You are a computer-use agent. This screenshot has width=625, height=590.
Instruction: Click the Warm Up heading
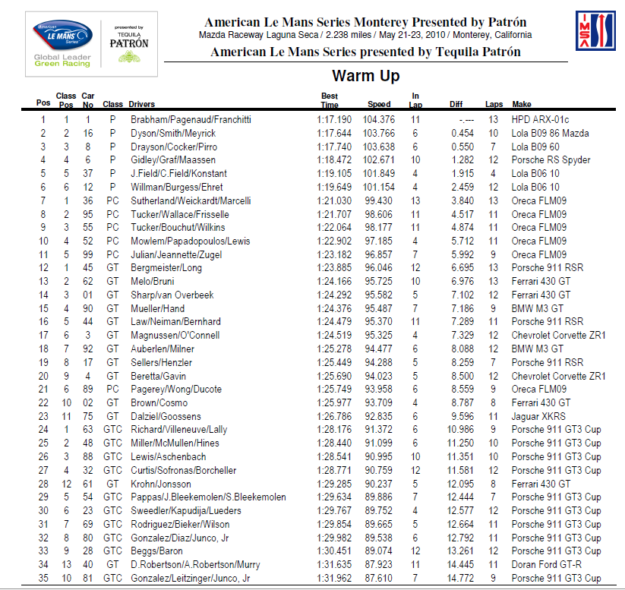coord(365,76)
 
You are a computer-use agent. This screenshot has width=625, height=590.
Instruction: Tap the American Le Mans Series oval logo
coord(63,35)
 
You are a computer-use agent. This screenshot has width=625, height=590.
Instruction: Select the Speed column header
coord(379,104)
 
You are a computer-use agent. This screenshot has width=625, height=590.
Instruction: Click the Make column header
coord(522,104)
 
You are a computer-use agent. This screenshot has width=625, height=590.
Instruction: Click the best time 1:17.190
coord(334,120)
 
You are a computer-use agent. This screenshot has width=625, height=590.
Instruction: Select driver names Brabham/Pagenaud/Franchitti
coord(191,120)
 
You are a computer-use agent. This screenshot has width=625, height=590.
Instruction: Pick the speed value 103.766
coord(377,134)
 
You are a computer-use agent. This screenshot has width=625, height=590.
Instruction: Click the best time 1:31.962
coord(334,578)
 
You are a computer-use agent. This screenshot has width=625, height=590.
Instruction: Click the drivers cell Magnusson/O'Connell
coord(175,335)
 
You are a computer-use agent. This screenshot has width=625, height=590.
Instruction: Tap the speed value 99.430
coord(379,200)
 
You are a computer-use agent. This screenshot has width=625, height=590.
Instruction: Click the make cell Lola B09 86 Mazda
coord(551,134)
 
